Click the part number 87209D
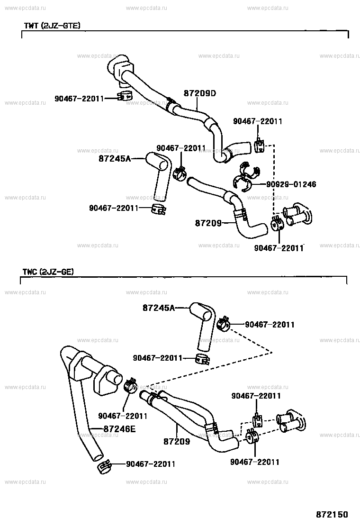click(199, 93)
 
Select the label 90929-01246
click(291, 184)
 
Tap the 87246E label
click(119, 429)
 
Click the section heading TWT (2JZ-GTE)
click(52, 26)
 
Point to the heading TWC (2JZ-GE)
click(48, 272)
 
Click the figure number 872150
click(332, 515)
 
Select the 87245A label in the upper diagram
click(115, 158)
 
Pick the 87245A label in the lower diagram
click(159, 308)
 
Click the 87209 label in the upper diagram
click(208, 223)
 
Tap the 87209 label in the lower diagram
click(177, 441)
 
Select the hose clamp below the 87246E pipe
click(104, 466)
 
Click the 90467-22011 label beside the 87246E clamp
click(151, 464)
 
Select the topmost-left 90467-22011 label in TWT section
click(79, 99)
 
